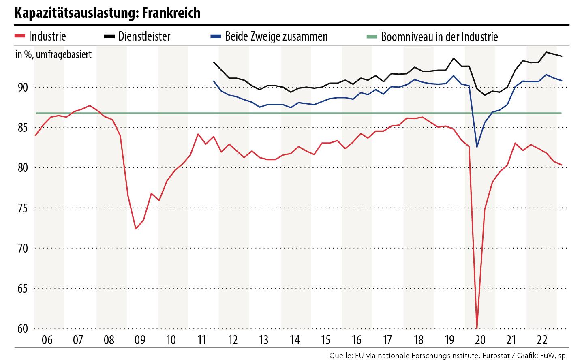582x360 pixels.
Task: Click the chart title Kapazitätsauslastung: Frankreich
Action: click(x=107, y=13)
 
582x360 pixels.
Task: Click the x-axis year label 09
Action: click(x=140, y=339)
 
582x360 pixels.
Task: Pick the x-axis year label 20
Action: click(x=480, y=339)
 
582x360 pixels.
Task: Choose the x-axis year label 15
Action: click(x=326, y=339)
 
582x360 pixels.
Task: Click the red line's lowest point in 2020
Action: click(x=477, y=328)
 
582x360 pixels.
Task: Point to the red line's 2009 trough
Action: click(x=136, y=229)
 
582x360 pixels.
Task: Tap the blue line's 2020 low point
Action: click(x=477, y=147)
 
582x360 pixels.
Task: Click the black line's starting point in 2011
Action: click(x=214, y=62)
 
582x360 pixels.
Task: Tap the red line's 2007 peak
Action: click(x=90, y=105)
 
